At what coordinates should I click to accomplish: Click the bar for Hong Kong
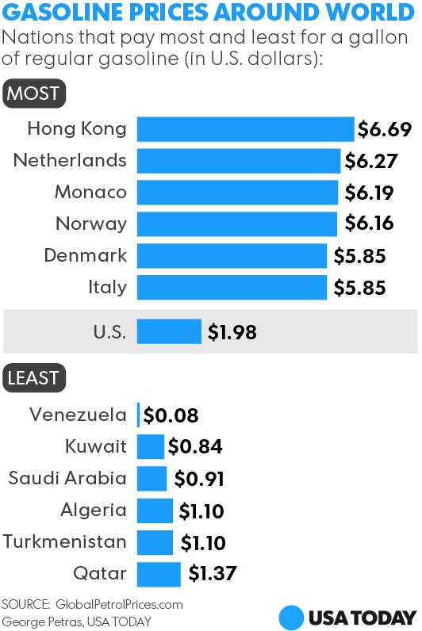245,129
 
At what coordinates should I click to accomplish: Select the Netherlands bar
239,161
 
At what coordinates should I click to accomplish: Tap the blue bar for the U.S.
169,331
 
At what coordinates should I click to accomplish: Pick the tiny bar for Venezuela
139,415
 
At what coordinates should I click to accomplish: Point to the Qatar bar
159,573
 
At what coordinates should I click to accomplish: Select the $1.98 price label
232,332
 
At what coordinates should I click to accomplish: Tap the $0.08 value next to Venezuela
171,415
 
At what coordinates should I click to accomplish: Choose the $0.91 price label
199,479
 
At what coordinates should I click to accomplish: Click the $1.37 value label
212,573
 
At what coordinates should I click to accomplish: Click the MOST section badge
33,94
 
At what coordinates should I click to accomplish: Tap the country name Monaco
90,193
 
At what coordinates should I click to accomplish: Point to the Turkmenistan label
64,542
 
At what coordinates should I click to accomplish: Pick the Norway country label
91,224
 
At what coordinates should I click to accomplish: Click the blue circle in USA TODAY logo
292,617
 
